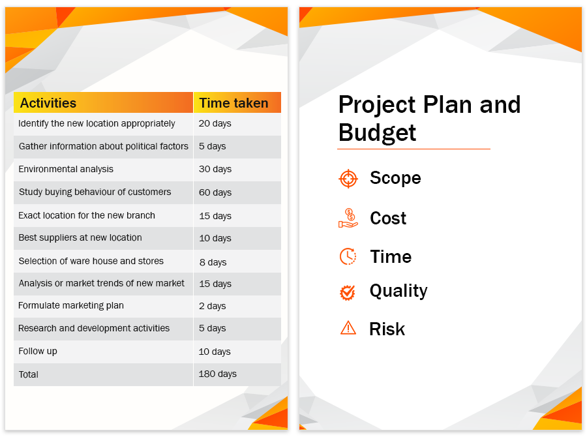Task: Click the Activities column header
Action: click(48, 103)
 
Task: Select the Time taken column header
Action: click(233, 103)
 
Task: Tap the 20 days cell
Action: click(215, 123)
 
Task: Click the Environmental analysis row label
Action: click(66, 170)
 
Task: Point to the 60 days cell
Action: click(215, 192)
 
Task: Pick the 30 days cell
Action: click(215, 170)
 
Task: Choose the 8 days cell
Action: click(213, 262)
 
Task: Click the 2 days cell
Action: click(212, 306)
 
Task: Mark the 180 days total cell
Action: click(217, 374)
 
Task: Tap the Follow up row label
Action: click(38, 352)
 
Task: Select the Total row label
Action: click(29, 374)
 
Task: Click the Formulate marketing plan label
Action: click(70, 305)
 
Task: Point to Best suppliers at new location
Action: click(80, 238)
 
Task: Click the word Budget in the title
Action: click(377, 132)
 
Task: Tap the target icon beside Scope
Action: click(348, 179)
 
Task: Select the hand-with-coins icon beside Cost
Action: click(348, 218)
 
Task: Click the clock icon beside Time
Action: click(348, 256)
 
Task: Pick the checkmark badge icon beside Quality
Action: click(348, 292)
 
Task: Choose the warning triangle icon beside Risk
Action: click(348, 327)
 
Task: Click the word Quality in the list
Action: click(399, 291)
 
